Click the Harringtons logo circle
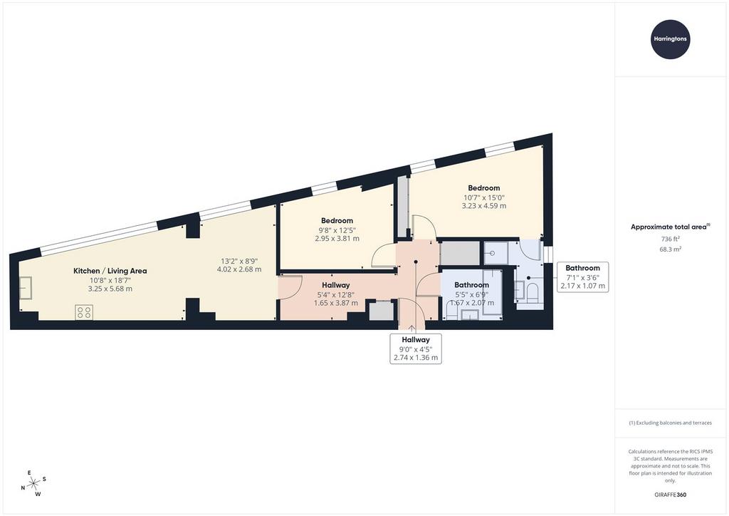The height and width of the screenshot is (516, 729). coord(670,39)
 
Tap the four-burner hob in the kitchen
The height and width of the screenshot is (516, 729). coord(84,311)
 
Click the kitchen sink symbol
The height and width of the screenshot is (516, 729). coord(25,287)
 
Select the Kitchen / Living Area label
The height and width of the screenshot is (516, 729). coord(110,271)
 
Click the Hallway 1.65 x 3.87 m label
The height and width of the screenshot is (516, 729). coord(336,294)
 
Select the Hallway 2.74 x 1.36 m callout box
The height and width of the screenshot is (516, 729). coord(416,349)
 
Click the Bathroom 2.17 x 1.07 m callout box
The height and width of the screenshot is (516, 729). coord(582,277)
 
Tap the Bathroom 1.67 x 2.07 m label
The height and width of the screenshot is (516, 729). coord(471,294)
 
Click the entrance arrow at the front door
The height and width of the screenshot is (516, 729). coord(412,328)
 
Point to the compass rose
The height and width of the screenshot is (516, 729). coord(34,483)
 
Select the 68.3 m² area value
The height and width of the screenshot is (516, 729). coord(670,249)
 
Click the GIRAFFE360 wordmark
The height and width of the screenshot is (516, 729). coord(670,495)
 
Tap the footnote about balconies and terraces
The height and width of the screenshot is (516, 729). coord(670,423)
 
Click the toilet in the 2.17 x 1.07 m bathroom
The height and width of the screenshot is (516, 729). coord(531,293)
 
